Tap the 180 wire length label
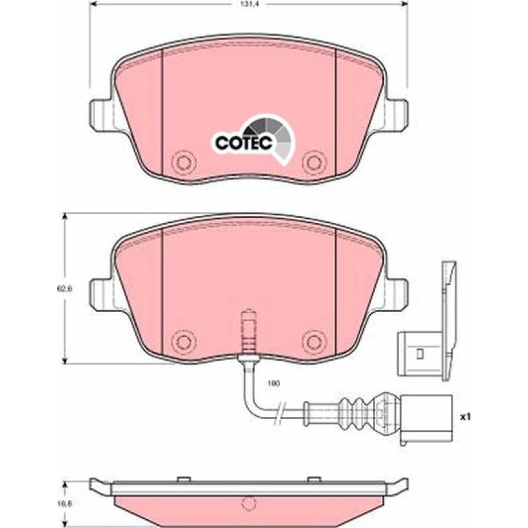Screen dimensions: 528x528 (274, 383)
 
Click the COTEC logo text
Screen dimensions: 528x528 (243, 143)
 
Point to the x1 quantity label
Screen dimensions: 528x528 (466, 417)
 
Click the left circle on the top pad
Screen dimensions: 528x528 (184, 163)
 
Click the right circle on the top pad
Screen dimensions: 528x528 (314, 163)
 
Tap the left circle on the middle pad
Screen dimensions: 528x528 (184, 342)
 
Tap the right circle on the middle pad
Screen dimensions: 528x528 (314, 342)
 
